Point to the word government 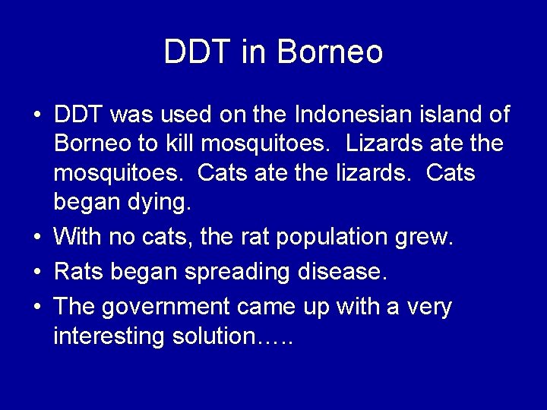click(165, 307)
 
